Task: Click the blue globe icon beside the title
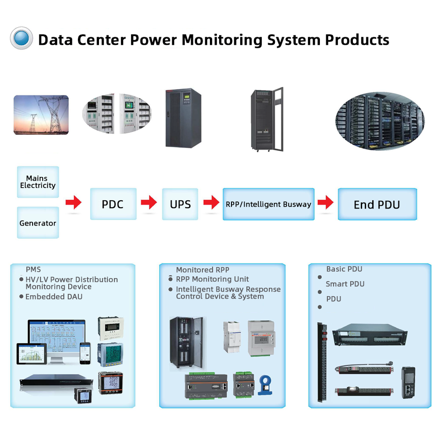tap(21, 38)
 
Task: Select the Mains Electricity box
tap(38, 182)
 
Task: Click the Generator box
tap(38, 223)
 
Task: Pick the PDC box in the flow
tap(113, 204)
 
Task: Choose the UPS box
tap(180, 204)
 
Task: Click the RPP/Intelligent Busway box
tap(269, 204)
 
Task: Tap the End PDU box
tap(377, 204)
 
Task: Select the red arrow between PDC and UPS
tap(149, 202)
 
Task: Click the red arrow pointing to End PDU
tap(325, 202)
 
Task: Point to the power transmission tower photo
tap(41, 115)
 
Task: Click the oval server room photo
tap(379, 121)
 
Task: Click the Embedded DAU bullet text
tap(54, 297)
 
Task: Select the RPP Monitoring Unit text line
tap(212, 279)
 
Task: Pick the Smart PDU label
tap(345, 284)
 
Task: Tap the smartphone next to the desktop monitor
tap(85, 353)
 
